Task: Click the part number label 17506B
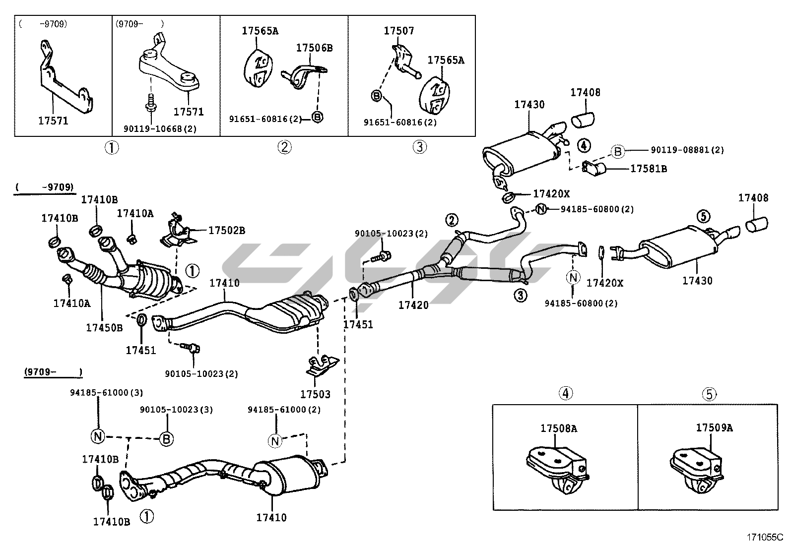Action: point(314,48)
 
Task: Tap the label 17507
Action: point(398,31)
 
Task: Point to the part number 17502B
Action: point(226,231)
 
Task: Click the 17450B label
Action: point(104,327)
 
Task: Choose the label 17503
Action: point(315,394)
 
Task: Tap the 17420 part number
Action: point(413,305)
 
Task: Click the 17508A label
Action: point(558,428)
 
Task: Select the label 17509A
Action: point(714,427)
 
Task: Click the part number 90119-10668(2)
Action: point(160,129)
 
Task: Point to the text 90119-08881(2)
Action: point(687,150)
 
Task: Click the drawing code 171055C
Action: point(765,537)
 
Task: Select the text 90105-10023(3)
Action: point(176,410)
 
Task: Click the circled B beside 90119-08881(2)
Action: point(617,151)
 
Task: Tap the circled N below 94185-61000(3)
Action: point(98,436)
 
